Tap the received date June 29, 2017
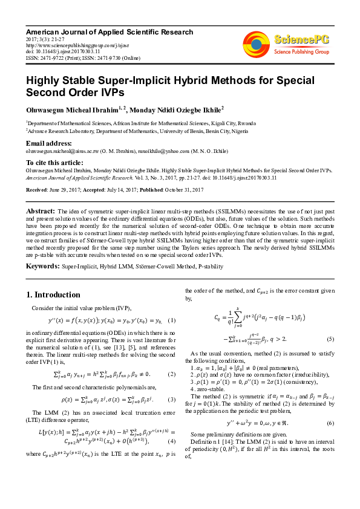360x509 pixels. [62, 190]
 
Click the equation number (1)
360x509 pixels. [172, 320]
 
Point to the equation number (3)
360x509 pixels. [172, 400]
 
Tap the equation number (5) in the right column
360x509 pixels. [330, 339]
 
